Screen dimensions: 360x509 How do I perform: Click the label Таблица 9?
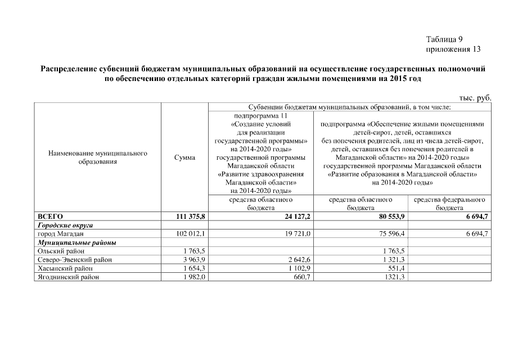click(x=444, y=39)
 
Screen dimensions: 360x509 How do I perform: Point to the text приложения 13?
click(x=453, y=49)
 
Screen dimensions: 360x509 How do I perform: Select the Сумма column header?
click(x=185, y=157)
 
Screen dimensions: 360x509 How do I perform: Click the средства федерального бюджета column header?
click(x=449, y=204)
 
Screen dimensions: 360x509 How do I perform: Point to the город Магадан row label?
click(x=60, y=233)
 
